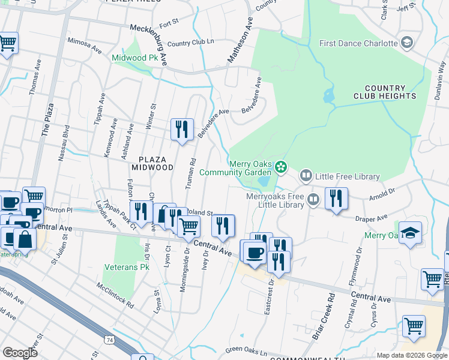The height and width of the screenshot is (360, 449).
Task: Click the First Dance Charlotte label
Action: tap(358, 43)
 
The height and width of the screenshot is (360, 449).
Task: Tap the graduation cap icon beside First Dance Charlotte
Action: tap(407, 43)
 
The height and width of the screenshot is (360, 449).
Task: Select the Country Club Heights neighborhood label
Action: tap(390, 92)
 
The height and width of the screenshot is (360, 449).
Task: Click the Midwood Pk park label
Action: tap(130, 58)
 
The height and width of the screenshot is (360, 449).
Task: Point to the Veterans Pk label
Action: tap(125, 267)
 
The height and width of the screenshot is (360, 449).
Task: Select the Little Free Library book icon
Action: tap(306, 176)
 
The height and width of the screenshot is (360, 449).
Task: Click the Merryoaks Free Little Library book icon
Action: tap(313, 199)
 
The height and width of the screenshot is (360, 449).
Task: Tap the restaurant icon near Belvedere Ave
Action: tap(182, 130)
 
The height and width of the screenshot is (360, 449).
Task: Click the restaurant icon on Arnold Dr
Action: tap(336, 199)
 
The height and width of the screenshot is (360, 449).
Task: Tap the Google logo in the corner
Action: tap(20, 353)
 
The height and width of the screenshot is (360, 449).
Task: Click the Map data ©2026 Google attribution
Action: tap(412, 355)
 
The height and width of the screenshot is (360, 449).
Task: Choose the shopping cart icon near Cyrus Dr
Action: tap(413, 326)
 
